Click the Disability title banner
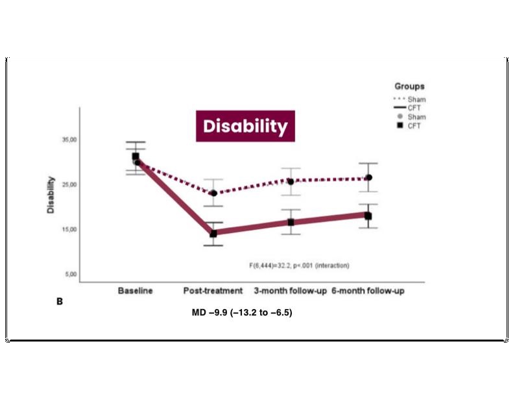tap(245, 126)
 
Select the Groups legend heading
tap(409, 86)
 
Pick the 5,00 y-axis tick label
tap(70, 274)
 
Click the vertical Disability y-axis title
tap(51, 195)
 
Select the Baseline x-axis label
tap(136, 291)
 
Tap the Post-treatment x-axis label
tap(213, 291)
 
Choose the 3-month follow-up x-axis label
tap(290, 291)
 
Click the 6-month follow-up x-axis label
tap(368, 291)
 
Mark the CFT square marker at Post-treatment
tap(213, 234)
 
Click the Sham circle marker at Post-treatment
tap(213, 193)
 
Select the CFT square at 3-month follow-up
tap(291, 223)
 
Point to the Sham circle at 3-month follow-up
tap(291, 182)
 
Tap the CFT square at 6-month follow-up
tap(368, 216)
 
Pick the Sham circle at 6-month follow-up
tap(368, 177)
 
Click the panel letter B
tap(60, 301)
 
